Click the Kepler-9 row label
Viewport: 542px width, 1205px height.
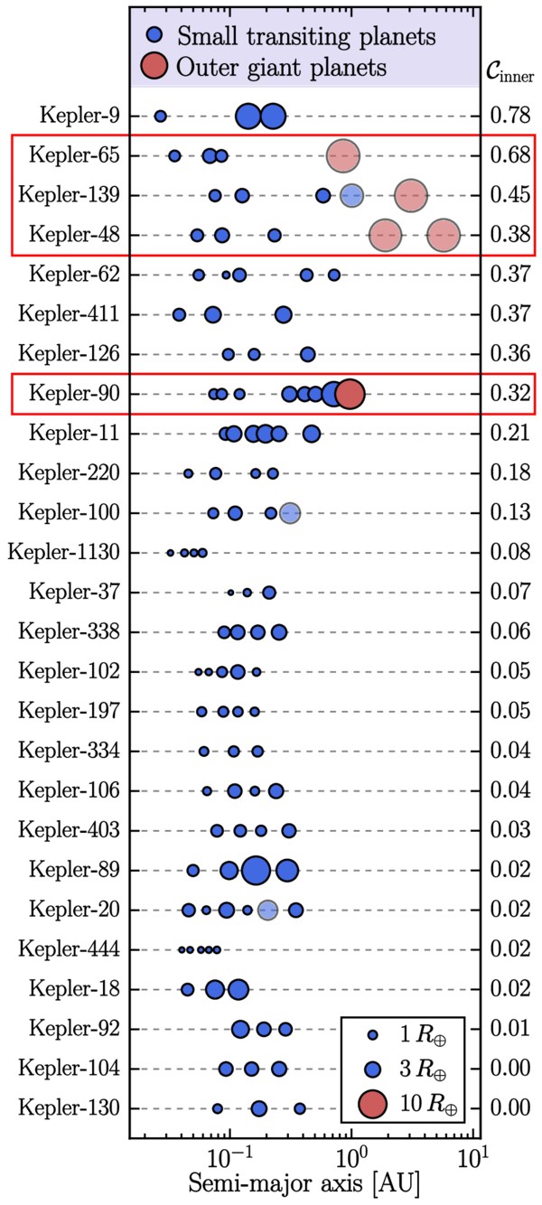coord(80,116)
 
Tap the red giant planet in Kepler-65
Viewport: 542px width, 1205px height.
coord(342,155)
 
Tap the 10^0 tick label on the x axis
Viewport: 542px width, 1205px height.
coord(350,1153)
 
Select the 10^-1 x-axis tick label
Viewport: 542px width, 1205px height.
coord(229,1153)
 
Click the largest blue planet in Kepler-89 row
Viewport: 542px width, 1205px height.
coord(256,870)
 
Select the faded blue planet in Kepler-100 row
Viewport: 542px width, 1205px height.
coord(289,513)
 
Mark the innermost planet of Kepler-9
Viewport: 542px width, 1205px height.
coord(161,116)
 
